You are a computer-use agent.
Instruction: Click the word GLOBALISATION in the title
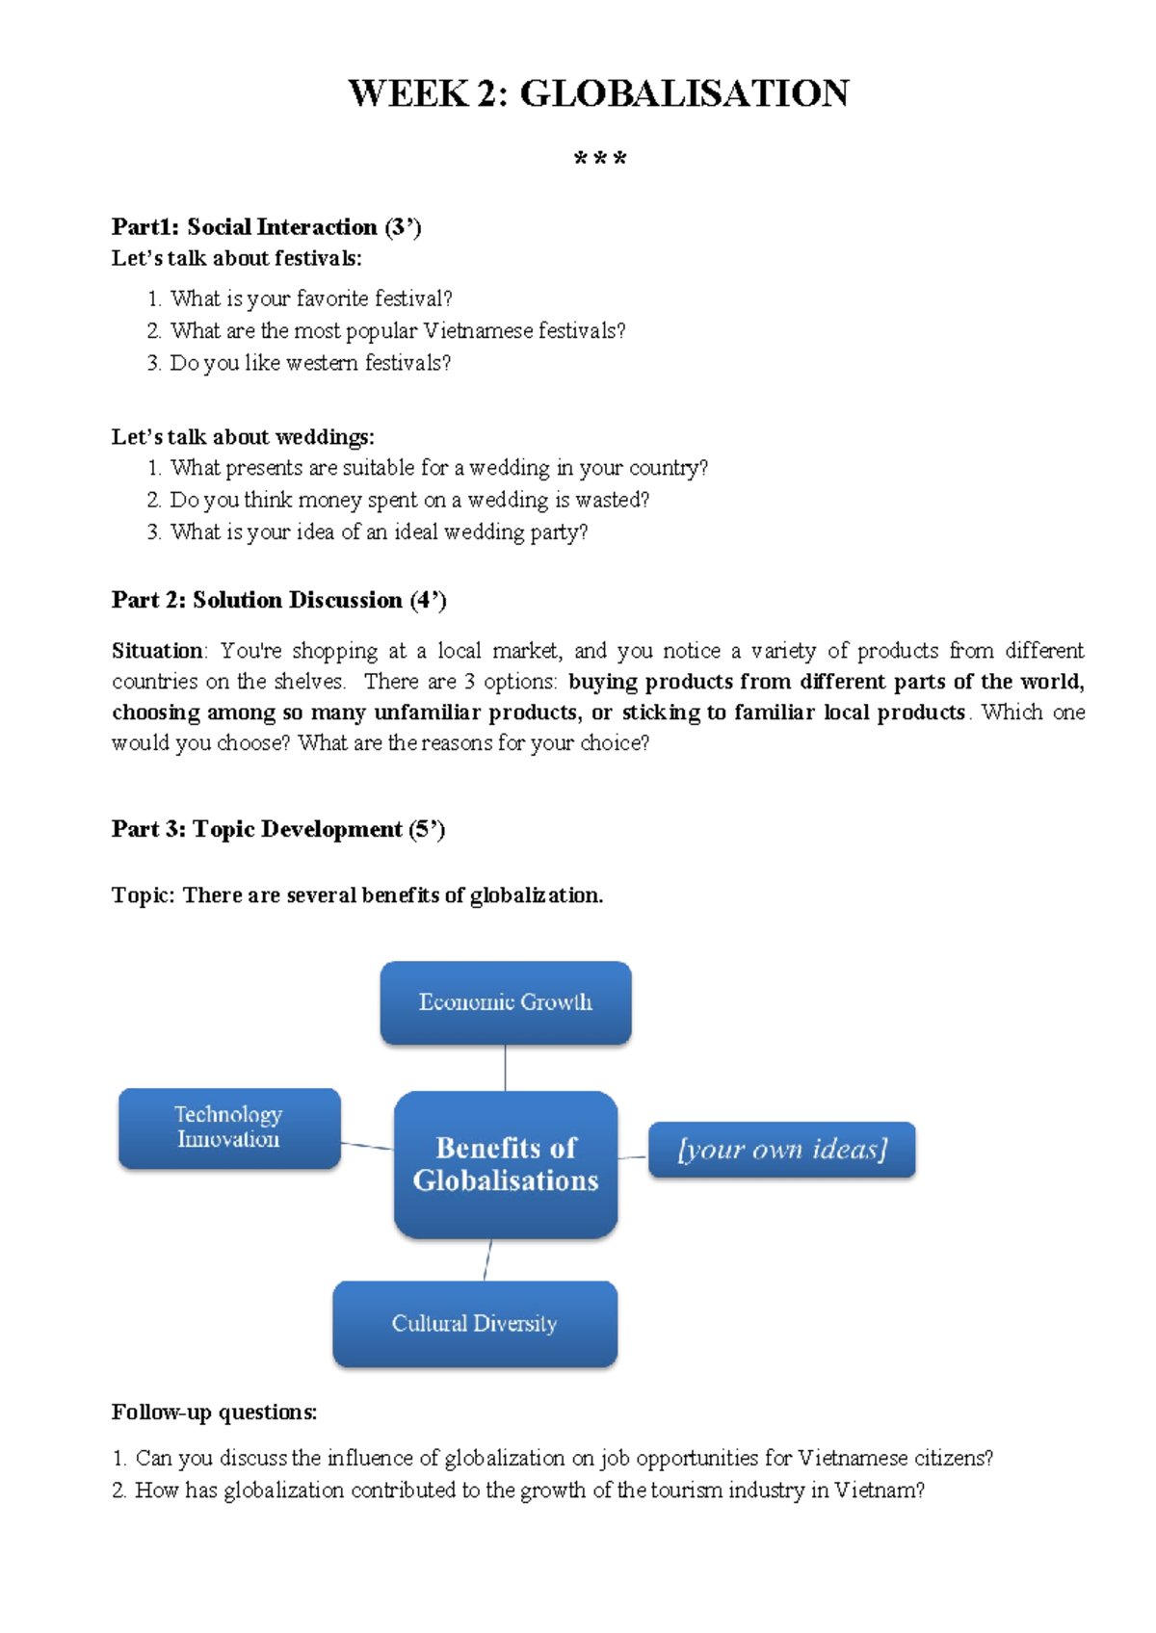point(684,93)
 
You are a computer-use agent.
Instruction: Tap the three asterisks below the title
point(599,159)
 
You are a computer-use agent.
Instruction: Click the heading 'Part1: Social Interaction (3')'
point(266,227)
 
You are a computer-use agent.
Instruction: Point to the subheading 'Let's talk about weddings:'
point(243,437)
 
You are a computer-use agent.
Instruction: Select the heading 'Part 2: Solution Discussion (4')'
point(278,600)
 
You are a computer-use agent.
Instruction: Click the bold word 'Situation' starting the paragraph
point(157,651)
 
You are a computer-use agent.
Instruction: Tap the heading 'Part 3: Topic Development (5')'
point(277,829)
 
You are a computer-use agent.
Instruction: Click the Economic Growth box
point(505,1002)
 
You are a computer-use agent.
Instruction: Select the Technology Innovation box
point(229,1128)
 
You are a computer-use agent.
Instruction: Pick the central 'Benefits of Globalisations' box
point(505,1164)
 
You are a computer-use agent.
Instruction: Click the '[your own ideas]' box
point(781,1150)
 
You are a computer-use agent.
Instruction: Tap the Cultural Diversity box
point(474,1324)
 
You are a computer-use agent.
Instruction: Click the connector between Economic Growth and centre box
point(505,1068)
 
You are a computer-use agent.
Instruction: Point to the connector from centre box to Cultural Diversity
point(487,1259)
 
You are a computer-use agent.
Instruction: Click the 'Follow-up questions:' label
point(214,1413)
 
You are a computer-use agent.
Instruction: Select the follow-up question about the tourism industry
point(528,1490)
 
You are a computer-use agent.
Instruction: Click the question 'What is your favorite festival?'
point(310,298)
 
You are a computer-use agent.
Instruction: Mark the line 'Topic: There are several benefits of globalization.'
point(356,895)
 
